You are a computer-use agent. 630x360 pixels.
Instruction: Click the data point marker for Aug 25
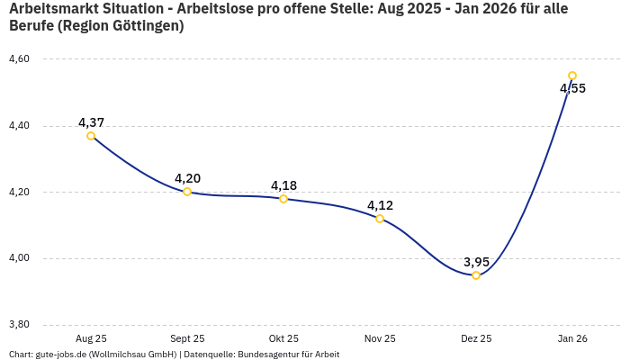[x=91, y=136]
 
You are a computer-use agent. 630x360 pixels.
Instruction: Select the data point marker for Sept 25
[x=187, y=192]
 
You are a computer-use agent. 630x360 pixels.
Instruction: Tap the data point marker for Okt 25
[x=283, y=199]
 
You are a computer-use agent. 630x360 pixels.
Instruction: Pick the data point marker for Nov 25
[x=380, y=219]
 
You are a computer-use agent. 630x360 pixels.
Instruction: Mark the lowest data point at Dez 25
[x=476, y=275]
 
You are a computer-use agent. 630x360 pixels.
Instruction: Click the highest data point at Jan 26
[x=572, y=76]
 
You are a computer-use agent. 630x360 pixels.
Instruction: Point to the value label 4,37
[x=91, y=122]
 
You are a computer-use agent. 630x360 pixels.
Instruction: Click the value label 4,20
[x=187, y=178]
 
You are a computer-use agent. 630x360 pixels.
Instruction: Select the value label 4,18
[x=283, y=185]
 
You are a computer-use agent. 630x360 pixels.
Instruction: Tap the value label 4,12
[x=380, y=205]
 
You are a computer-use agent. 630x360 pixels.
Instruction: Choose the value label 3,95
[x=476, y=262]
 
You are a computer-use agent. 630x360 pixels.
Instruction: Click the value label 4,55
[x=572, y=88]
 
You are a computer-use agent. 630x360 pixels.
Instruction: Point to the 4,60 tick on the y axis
[x=19, y=59]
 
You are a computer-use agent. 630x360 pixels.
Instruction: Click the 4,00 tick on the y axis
[x=19, y=258]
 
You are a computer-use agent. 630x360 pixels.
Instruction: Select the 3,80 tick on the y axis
[x=19, y=325]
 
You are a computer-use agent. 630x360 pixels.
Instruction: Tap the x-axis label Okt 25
[x=283, y=338]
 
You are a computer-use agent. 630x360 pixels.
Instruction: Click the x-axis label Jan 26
[x=572, y=338]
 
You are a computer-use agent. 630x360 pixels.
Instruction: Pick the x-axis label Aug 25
[x=91, y=338]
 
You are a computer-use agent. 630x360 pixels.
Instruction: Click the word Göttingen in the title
[x=140, y=26]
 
